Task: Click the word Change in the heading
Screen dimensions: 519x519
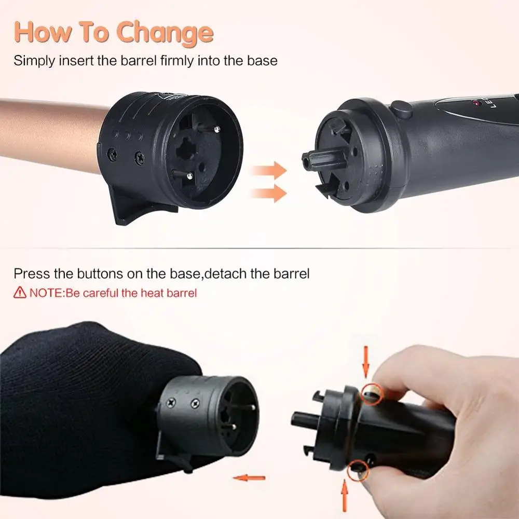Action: point(165,33)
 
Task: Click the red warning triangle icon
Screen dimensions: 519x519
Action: point(20,293)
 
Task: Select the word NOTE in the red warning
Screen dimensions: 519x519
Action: point(46,293)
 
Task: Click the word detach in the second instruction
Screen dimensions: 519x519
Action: point(227,274)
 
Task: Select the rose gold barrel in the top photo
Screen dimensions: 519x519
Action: point(47,135)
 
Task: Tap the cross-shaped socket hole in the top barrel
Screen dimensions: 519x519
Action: point(187,151)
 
